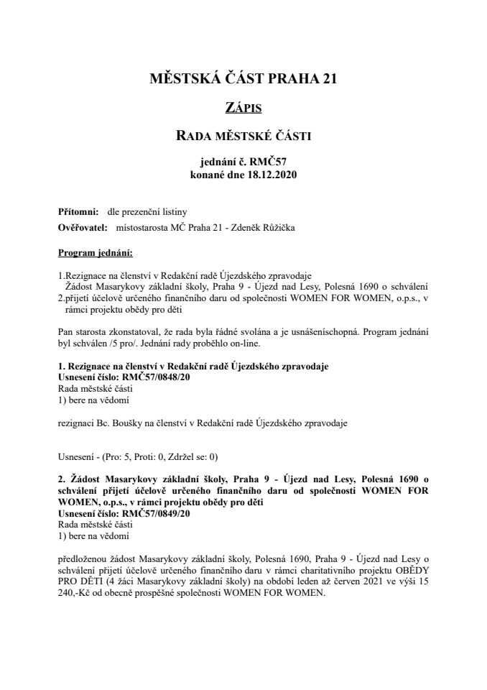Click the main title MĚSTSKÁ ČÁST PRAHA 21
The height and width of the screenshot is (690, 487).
pos(243,78)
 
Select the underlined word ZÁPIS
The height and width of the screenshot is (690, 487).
pos(243,108)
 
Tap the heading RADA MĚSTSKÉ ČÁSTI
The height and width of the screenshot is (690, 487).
pos(243,136)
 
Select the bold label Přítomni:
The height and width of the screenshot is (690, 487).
pos(78,211)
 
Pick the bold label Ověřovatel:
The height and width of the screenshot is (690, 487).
pos(81,229)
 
